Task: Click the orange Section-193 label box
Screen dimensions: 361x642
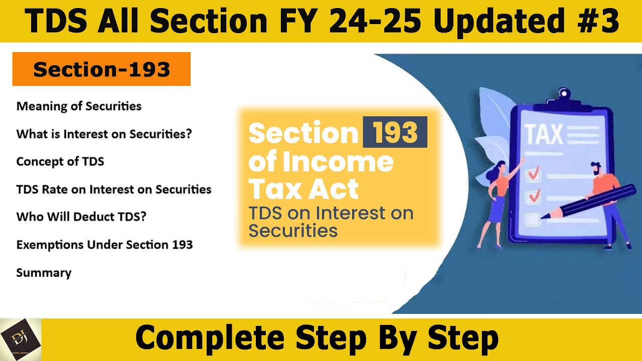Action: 101,69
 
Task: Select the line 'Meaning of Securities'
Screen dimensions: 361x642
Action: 79,106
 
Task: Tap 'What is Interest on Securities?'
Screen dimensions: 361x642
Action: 104,134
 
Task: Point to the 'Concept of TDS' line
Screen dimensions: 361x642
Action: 60,161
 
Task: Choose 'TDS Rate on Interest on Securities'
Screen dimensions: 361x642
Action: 114,190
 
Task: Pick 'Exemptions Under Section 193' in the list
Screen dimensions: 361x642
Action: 104,245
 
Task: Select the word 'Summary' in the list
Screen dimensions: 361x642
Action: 44,273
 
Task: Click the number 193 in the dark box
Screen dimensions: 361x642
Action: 395,132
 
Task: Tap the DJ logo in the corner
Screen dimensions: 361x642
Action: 21,339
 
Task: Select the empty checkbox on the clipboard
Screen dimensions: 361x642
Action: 532,219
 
